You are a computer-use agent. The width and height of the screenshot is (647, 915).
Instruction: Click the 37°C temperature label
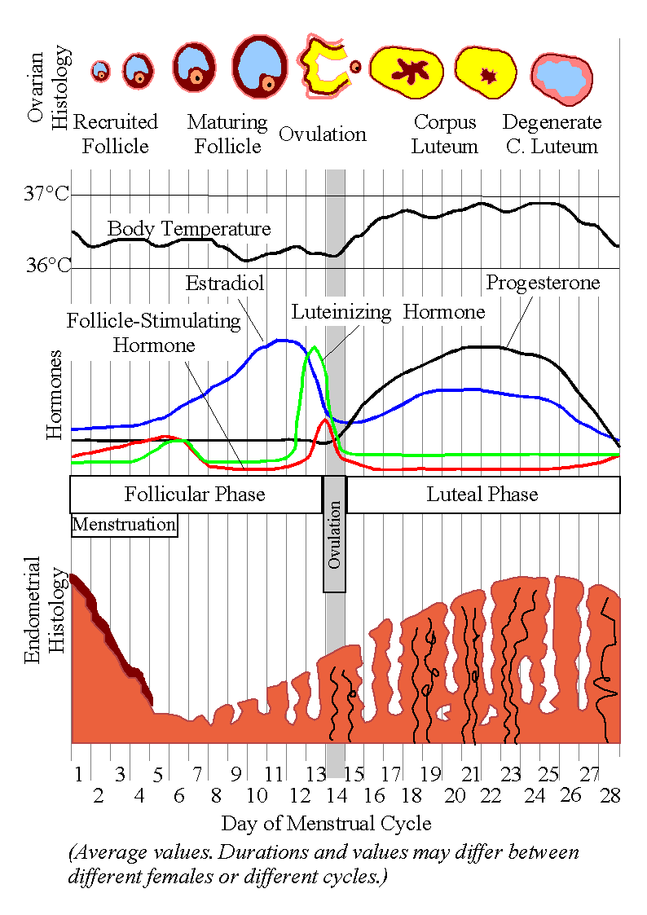tap(46, 195)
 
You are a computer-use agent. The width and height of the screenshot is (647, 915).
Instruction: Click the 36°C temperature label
tap(46, 266)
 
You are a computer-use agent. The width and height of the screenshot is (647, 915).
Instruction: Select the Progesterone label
tap(543, 283)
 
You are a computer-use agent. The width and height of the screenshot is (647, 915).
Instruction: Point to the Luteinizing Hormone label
tap(388, 312)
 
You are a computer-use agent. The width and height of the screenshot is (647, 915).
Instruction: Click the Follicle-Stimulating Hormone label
tap(154, 332)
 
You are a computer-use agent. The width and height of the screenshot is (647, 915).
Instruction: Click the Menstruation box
tap(124, 524)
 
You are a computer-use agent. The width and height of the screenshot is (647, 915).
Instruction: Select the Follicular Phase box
tap(195, 495)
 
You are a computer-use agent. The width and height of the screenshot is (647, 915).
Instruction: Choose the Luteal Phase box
tap(482, 495)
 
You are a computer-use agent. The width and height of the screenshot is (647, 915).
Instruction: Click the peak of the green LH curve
tap(314, 348)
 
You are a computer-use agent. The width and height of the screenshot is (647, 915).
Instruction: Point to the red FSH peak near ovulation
tap(325, 420)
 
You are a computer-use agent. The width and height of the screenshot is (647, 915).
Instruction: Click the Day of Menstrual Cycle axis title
tap(326, 823)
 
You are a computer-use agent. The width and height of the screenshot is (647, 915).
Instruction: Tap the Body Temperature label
tap(189, 228)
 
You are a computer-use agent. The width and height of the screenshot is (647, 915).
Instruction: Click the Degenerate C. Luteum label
tap(552, 134)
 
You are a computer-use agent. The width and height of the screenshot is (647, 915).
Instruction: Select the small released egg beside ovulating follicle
tap(355, 66)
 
